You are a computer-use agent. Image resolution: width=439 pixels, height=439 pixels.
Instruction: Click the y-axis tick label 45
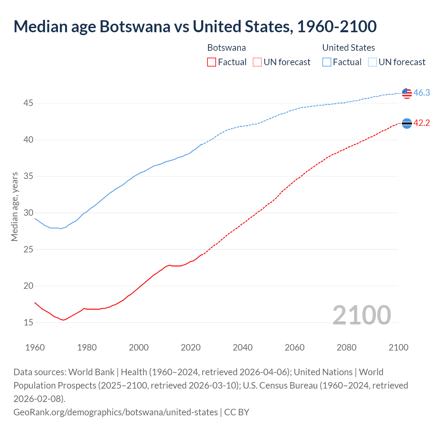28,103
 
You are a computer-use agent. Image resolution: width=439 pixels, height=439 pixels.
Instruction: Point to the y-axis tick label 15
28,322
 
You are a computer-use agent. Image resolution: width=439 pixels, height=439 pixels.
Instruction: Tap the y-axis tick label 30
28,213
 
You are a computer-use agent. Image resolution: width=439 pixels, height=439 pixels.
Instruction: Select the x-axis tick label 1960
35,347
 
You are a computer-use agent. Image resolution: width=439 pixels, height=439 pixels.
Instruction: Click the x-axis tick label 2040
242,347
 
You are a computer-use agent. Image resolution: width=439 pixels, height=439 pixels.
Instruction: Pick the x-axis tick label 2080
346,347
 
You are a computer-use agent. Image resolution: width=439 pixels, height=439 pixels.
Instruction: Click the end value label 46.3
422,93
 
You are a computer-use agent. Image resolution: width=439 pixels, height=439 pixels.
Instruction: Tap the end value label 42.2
422,123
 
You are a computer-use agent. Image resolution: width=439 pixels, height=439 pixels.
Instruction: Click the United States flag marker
407,93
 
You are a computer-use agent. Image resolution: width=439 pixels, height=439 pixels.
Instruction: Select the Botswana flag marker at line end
407,123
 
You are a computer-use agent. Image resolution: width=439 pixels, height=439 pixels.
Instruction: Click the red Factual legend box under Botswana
212,62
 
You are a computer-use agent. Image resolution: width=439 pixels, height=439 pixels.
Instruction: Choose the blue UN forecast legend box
372,62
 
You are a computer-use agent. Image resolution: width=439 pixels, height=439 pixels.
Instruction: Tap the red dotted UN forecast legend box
257,62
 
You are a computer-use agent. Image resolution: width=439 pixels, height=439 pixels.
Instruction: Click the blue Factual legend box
327,62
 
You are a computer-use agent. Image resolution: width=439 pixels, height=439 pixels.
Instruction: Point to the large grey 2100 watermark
361,315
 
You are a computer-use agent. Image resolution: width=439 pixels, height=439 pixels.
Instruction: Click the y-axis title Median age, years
14,207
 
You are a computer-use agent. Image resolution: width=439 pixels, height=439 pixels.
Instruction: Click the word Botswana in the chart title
135,26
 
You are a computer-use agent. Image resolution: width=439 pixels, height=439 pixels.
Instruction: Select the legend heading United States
348,48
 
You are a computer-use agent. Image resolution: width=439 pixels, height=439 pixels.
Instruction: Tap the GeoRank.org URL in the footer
115,412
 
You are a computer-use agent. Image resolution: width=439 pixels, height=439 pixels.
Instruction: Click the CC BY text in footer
237,412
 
